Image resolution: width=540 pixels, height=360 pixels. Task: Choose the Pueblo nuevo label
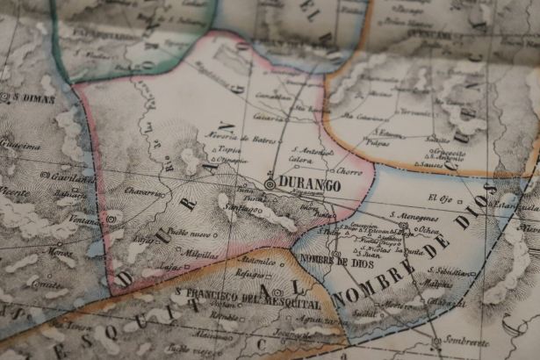(190, 234)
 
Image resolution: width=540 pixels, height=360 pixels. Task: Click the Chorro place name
(348, 172)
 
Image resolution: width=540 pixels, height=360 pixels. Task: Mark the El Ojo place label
(437, 198)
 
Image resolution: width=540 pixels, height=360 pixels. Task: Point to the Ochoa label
(428, 231)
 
